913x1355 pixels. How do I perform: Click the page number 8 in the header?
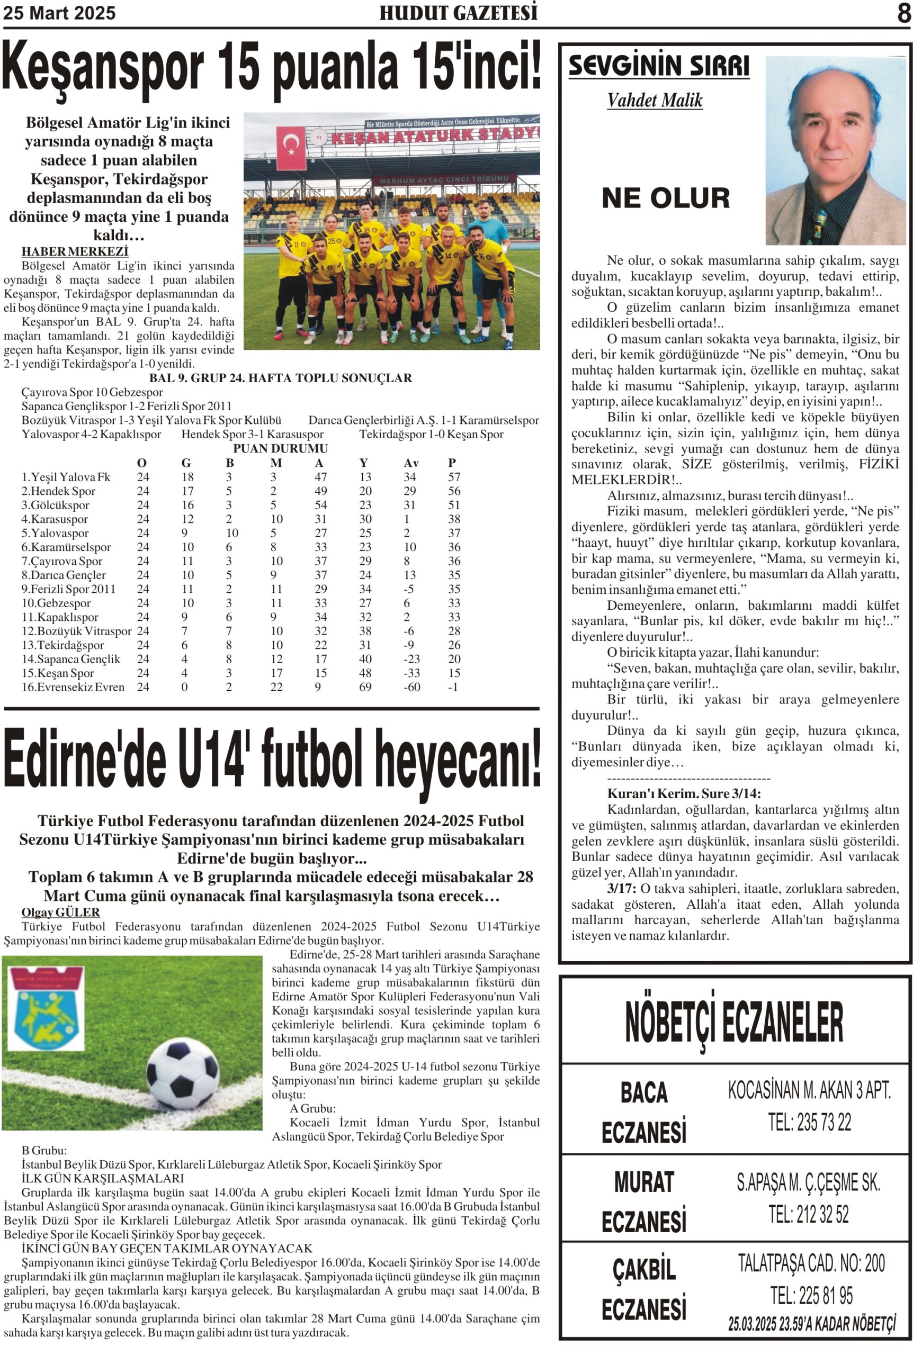(903, 13)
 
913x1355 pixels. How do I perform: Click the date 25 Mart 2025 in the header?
(59, 13)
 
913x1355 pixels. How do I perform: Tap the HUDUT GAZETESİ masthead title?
(458, 13)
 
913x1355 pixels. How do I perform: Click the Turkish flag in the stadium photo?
(291, 148)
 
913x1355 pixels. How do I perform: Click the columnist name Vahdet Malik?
(655, 100)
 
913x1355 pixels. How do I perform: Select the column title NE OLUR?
(666, 198)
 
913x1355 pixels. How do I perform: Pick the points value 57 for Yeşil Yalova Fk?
(454, 477)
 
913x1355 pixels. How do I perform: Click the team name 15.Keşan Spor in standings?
(58, 673)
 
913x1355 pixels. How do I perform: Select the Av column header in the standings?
(411, 463)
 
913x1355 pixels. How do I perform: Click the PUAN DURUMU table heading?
(280, 448)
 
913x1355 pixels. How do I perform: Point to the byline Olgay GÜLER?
(60, 913)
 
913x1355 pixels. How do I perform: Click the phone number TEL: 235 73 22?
(809, 1122)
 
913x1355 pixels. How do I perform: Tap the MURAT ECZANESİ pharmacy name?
(643, 1202)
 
